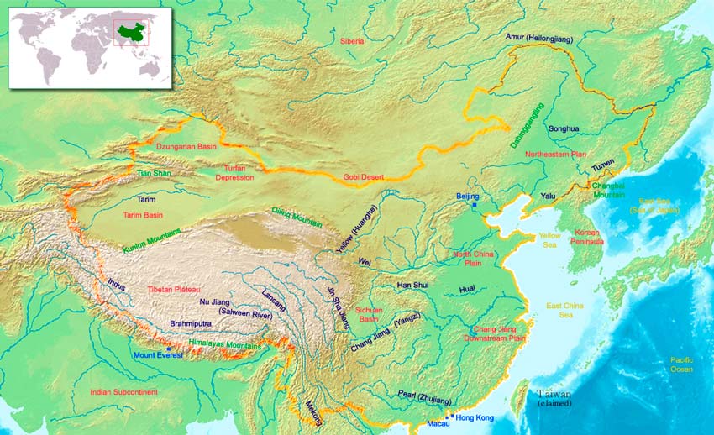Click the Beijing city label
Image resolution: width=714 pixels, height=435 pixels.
(467, 196)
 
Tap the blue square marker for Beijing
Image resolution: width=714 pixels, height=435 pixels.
(475, 205)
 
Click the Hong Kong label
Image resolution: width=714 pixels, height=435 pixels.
(475, 417)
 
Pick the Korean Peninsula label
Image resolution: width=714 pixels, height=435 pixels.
(589, 236)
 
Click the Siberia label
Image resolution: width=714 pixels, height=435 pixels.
(352, 40)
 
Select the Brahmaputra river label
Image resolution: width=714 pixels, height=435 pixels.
(192, 322)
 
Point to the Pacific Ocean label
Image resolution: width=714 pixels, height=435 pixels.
(681, 364)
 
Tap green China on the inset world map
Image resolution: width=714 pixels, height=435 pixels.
(127, 33)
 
